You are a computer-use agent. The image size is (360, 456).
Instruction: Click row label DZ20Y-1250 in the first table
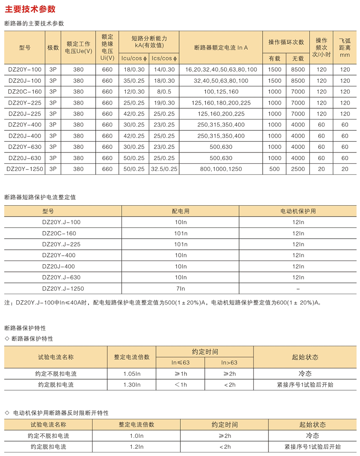point(25,169)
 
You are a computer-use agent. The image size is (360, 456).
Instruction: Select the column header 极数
point(53,48)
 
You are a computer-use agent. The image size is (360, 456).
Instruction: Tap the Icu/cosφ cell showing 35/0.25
point(134,81)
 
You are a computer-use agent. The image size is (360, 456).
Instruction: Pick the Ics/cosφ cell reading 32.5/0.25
point(164,169)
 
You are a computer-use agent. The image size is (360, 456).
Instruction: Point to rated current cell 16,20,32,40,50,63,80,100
point(221,69)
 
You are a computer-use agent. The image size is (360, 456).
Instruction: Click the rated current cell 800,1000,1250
point(221,169)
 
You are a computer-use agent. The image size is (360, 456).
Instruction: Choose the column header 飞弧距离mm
point(345,48)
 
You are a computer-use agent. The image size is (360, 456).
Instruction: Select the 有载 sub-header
point(274,58)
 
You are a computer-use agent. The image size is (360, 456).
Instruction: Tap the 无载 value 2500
point(298,169)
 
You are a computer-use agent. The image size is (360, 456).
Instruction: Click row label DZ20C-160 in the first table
point(25,92)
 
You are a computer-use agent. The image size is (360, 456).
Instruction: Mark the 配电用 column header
point(180,211)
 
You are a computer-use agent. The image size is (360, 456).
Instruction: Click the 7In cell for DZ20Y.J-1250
point(180,288)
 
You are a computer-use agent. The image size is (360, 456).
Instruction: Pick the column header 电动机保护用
point(298,211)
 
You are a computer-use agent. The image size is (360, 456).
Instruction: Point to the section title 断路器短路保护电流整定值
point(40,197)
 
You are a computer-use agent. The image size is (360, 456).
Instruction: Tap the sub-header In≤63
point(180,362)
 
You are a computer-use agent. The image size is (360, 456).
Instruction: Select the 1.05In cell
point(132,374)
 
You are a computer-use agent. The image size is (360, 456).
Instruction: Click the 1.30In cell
point(132,385)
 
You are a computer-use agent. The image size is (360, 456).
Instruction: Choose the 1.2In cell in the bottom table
point(136,447)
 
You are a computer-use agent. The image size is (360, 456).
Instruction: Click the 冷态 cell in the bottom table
point(312,435)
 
